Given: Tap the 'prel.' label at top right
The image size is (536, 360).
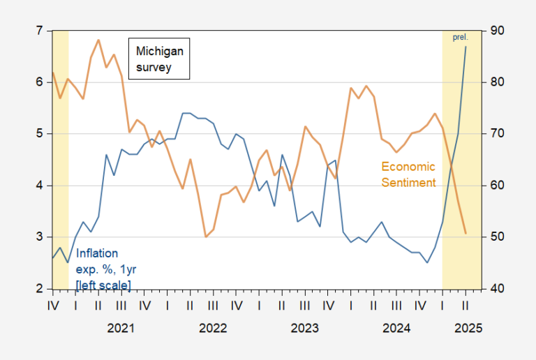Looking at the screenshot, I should coord(460,37).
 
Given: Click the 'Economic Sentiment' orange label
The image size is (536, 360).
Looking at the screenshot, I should coord(408,174).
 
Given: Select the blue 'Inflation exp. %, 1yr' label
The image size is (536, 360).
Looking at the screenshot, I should coord(103,269).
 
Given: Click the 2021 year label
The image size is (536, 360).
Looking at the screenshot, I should coord(121,327).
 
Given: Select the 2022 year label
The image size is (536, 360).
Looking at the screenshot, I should coord(213,327).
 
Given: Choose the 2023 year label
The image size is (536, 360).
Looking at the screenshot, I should coord(304,327).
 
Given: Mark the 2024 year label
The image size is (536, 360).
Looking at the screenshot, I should coord(396,327).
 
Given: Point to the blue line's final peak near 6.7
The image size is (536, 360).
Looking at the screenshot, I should coord(466,47).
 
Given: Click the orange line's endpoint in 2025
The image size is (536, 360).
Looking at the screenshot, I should coord(466,233).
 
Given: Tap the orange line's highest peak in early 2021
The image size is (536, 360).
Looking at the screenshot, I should coord(98,40).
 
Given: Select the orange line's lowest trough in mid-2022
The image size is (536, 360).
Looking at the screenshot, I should coord(206,237).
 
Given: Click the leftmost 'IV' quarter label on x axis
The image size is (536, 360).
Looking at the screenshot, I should coord(52,305).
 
